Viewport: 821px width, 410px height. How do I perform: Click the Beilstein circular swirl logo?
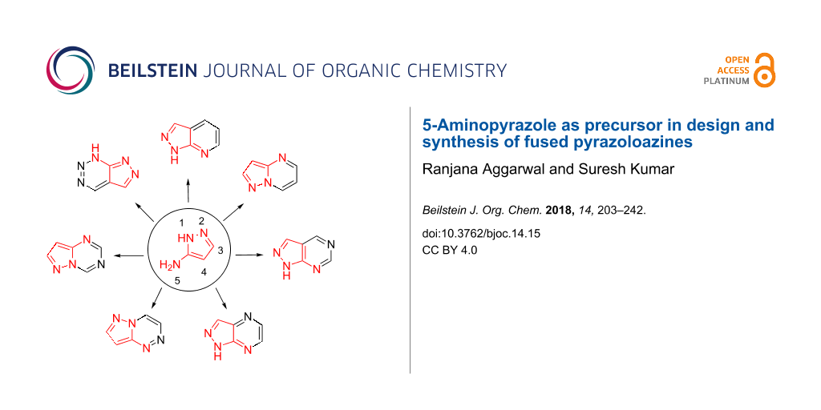pos(71,70)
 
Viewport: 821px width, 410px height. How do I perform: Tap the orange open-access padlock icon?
pos(765,70)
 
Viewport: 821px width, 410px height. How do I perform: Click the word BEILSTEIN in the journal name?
pos(151,70)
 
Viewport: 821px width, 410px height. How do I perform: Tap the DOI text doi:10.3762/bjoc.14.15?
pos(481,234)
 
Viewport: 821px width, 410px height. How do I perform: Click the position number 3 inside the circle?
pos(220,251)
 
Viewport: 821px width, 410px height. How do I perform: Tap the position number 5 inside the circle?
pos(177,281)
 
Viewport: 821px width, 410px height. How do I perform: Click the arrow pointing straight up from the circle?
pos(188,191)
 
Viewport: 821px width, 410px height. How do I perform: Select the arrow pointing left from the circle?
pos(129,255)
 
